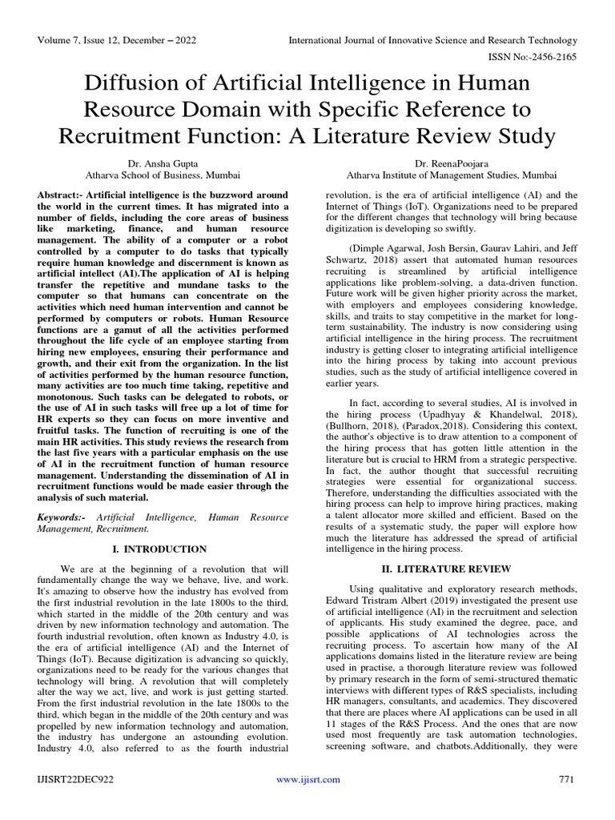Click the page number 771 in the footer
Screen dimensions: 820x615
point(566,779)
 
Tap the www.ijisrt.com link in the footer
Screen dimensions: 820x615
point(307,779)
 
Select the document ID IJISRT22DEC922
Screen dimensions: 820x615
point(74,779)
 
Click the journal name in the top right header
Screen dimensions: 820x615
point(432,40)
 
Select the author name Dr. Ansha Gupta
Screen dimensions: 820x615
point(163,162)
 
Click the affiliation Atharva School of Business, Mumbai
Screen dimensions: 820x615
point(163,174)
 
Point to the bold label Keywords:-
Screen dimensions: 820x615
point(64,518)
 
